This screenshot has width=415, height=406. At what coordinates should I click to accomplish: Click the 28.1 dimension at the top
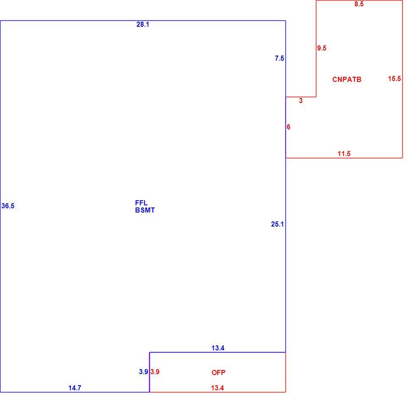(143, 25)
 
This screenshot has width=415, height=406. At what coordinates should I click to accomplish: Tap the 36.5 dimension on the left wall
(8, 206)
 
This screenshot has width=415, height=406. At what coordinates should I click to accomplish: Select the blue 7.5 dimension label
(279, 59)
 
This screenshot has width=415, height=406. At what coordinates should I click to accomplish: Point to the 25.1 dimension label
(277, 224)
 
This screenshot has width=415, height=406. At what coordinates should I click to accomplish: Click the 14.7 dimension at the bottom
(75, 388)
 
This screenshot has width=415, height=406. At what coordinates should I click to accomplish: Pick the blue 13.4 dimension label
(218, 348)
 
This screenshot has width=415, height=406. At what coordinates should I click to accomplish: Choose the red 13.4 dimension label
(217, 388)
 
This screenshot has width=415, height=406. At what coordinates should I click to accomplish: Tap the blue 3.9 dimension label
(144, 372)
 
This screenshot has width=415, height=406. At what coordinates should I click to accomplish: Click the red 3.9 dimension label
(155, 372)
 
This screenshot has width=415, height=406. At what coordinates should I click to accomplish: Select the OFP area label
(219, 372)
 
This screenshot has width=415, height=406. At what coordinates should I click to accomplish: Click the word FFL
(141, 203)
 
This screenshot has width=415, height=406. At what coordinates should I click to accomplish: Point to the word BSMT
(145, 210)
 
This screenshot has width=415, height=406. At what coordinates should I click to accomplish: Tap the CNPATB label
(347, 80)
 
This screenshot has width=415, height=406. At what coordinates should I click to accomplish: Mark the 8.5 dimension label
(359, 4)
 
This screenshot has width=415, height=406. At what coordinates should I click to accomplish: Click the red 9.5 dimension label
(321, 48)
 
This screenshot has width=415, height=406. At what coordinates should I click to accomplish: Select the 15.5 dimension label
(394, 78)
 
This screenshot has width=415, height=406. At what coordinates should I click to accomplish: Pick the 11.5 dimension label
(344, 154)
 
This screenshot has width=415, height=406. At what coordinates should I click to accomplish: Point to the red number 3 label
(301, 101)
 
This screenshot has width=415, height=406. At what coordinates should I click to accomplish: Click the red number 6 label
(288, 127)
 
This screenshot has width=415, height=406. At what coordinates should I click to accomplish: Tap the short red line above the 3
(301, 97)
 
